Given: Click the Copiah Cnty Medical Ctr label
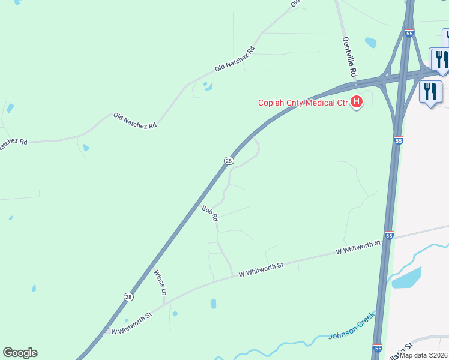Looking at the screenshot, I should pyautogui.click(x=303, y=103).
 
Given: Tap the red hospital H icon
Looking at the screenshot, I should pyautogui.click(x=357, y=103).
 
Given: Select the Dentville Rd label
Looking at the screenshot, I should pyautogui.click(x=349, y=57).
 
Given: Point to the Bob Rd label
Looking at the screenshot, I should pyautogui.click(x=209, y=214).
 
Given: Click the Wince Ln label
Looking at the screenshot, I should pyautogui.click(x=160, y=283).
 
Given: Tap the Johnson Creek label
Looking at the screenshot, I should pyautogui.click(x=352, y=329).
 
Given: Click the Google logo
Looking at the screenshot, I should pyautogui.click(x=20, y=353).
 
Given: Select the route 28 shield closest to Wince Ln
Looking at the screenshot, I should pyautogui.click(x=128, y=297).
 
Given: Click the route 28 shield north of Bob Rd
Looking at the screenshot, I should pyautogui.click(x=229, y=161).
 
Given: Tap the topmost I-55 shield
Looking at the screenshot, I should pyautogui.click(x=409, y=33).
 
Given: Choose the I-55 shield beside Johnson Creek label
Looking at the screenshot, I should pyautogui.click(x=378, y=348).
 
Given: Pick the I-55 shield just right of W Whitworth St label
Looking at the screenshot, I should pyautogui.click(x=389, y=236).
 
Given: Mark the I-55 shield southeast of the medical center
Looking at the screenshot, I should pyautogui.click(x=399, y=140).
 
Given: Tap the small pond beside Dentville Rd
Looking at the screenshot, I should pyautogui.click(x=370, y=43).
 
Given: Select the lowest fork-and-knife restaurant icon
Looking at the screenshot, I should pyautogui.click(x=430, y=92).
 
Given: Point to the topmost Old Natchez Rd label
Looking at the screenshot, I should pyautogui.click(x=235, y=59).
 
